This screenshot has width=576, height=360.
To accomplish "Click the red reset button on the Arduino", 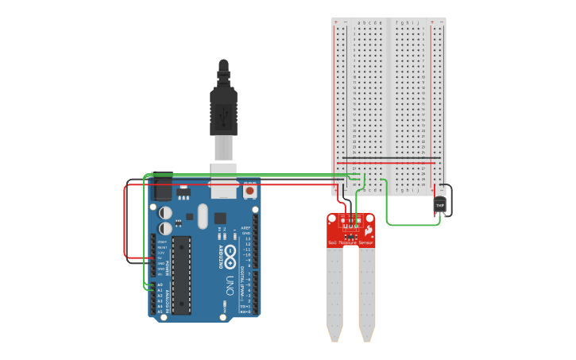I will (x=250, y=192).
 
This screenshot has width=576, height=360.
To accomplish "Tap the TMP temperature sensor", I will (x=439, y=205).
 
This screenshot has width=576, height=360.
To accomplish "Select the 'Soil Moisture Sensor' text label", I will (x=350, y=242).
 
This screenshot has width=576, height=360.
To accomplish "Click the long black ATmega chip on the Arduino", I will (x=181, y=274).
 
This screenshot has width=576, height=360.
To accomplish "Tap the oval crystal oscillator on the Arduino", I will (x=202, y=216).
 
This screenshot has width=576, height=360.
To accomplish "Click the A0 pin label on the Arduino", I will (x=159, y=285).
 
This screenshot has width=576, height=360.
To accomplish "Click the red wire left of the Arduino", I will (x=126, y=223).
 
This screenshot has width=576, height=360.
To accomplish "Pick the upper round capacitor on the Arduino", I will (x=165, y=213).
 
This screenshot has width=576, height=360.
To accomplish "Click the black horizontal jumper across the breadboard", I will (x=389, y=157).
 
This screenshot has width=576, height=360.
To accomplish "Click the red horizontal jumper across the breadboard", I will (x=389, y=164).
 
